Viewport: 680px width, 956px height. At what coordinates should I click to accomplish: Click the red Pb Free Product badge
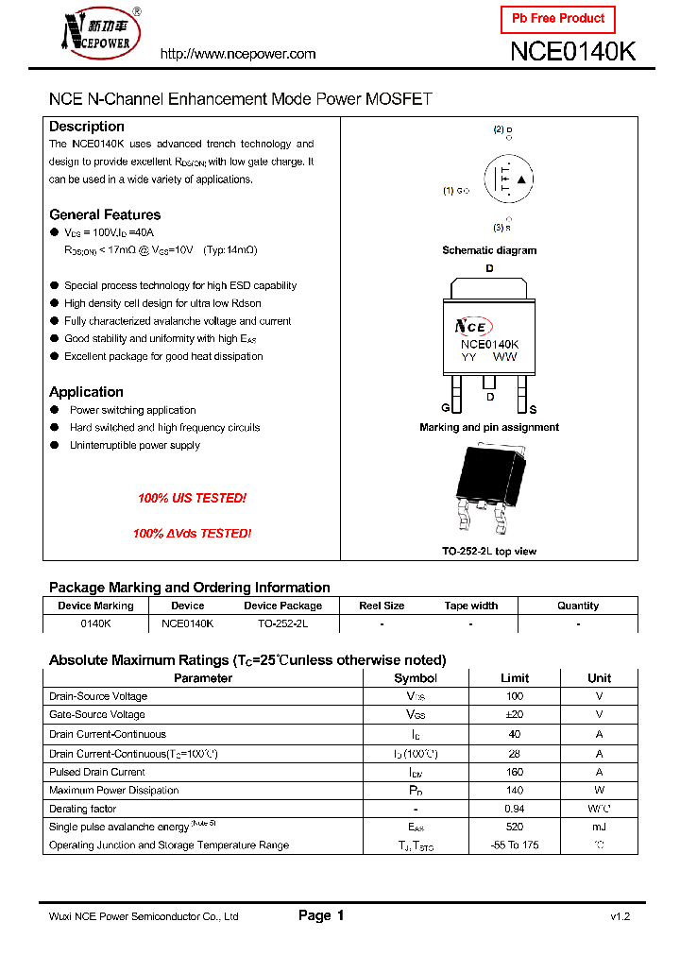(557, 19)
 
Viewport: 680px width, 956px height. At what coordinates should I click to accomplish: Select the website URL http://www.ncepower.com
(238, 54)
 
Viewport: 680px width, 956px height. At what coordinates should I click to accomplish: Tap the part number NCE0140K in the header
(572, 52)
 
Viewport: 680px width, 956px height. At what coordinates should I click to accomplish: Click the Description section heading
(87, 127)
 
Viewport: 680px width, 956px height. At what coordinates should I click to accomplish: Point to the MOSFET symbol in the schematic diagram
(507, 179)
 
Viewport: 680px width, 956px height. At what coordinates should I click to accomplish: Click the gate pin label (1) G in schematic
(455, 191)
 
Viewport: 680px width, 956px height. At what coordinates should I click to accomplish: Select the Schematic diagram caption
(489, 250)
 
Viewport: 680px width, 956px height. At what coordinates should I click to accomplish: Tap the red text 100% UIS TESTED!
(192, 498)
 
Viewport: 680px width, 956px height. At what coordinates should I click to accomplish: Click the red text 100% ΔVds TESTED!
(192, 534)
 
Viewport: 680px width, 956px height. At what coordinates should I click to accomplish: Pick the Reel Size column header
(382, 606)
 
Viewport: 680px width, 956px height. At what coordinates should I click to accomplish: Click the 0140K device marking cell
(95, 623)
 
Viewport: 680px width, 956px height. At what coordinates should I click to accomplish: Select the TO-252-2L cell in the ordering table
(282, 623)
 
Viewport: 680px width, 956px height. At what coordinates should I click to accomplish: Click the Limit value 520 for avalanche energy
(515, 827)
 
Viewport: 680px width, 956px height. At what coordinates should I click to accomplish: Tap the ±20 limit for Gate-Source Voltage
(515, 715)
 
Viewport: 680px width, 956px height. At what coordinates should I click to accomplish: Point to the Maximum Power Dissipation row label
(113, 791)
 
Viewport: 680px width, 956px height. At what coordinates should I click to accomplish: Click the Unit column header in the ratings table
(599, 678)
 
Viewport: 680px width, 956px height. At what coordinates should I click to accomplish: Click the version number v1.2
(620, 916)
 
